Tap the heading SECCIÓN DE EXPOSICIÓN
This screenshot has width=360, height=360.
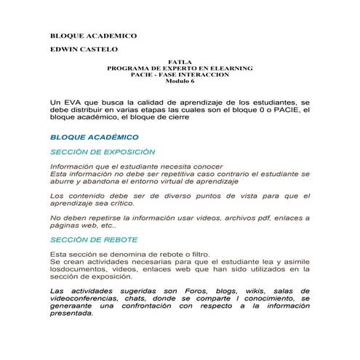click(x=103, y=152)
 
